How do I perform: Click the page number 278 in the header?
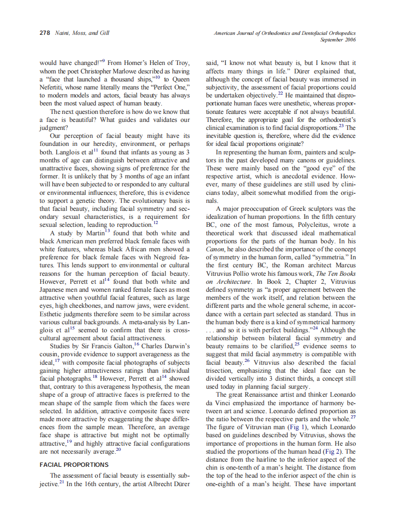click(44, 34)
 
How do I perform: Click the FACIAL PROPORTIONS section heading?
click(74, 464)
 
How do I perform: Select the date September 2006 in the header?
click(337, 40)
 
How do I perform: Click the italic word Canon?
click(215, 249)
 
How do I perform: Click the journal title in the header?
click(285, 34)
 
